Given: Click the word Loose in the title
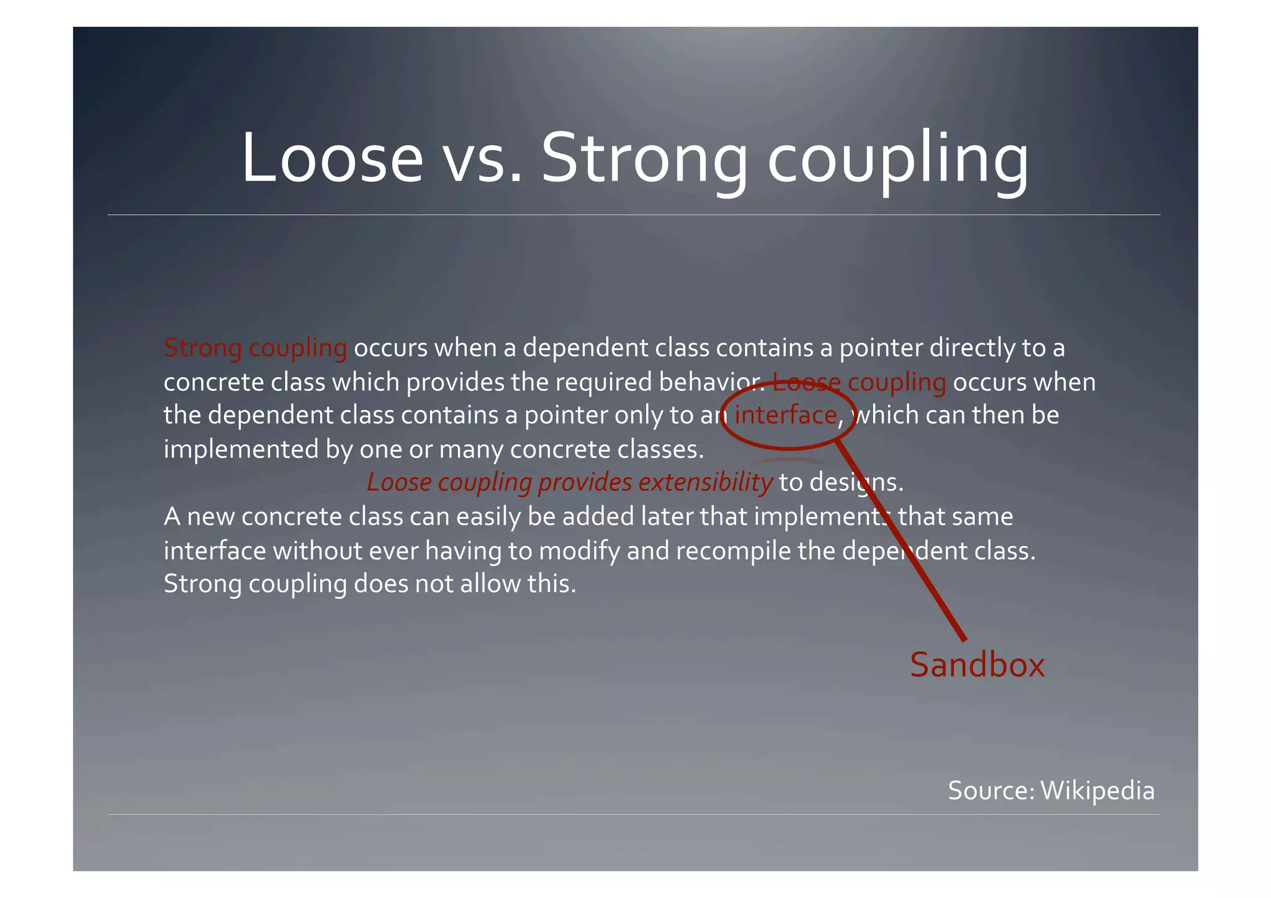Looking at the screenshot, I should click(332, 158).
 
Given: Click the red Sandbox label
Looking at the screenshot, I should click(977, 665).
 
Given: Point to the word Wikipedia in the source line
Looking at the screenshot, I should click(1097, 791).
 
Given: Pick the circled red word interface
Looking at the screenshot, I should click(786, 415).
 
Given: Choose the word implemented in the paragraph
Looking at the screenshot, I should click(241, 449).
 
